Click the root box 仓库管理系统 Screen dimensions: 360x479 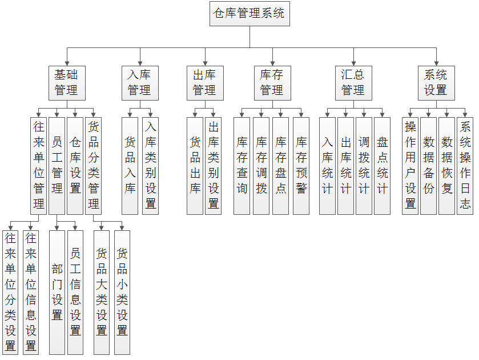coord(249,14)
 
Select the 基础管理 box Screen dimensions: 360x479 coord(66,83)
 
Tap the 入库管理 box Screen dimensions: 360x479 coord(139,83)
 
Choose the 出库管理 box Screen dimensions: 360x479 coord(204,83)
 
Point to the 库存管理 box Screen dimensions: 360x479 coord(272,83)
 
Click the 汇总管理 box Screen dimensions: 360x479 coord(353,83)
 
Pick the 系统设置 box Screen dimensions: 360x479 coord(436,83)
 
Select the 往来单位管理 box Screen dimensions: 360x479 coord(38,165)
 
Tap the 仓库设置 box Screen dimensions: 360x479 coord(75,165)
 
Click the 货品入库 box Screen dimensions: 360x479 coord(130,165)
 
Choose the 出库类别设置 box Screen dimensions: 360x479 coord(213,165)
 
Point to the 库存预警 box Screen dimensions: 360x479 coord(301,165)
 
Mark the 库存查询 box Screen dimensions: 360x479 coord(241,165)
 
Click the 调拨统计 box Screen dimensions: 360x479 coord(364,165)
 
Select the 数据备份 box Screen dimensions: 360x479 coord(428,165)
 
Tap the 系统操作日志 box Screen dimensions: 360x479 coord(465,165)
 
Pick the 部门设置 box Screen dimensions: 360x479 coord(57,292)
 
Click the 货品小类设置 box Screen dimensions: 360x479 coord(122,292)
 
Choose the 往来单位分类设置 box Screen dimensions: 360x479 coord(10,292)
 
